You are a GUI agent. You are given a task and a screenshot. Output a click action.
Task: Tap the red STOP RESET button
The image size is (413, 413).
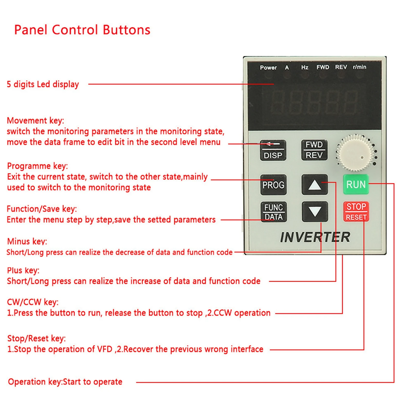click(356, 212)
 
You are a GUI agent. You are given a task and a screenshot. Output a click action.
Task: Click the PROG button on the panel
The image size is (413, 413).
click(273, 185)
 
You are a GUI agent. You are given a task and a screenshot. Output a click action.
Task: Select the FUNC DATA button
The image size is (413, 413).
click(273, 212)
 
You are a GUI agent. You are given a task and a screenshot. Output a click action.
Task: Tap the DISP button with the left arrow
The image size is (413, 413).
click(273, 150)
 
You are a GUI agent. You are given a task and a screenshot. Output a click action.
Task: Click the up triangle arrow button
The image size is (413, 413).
click(315, 185)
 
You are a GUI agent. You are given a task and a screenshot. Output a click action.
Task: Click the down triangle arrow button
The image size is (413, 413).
click(315, 212)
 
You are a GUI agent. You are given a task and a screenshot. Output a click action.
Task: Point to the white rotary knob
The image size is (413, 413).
click(355, 153)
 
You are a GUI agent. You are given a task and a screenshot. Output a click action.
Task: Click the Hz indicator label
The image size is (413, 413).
click(305, 67)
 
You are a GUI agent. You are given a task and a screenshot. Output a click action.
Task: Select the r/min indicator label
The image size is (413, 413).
click(359, 67)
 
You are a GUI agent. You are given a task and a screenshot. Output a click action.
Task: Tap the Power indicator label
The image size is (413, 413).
click(268, 68)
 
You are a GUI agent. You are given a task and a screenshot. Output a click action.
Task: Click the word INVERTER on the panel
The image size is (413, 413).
click(315, 237)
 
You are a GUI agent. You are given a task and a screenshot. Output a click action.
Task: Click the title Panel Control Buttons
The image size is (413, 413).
click(82, 30)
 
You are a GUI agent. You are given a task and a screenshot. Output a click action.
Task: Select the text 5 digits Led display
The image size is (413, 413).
click(43, 84)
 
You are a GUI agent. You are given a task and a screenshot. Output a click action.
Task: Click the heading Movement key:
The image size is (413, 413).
click(35, 120)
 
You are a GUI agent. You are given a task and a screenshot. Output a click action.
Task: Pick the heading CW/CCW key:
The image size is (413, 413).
click(33, 302)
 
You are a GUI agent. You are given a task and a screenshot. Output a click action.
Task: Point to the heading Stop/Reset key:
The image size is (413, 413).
click(36, 338)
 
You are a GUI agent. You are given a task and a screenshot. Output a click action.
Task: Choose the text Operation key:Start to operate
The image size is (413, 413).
click(65, 382)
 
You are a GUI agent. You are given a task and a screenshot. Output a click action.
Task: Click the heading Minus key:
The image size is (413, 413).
click(27, 241)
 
